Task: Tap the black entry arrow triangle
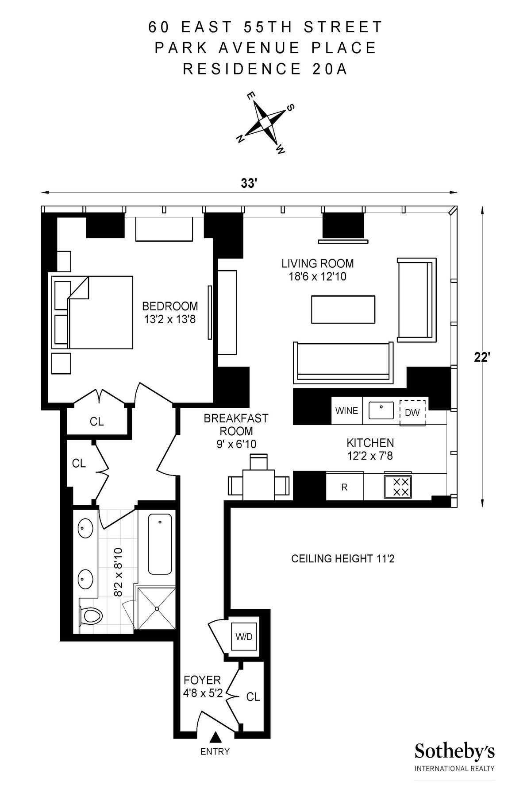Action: pyautogui.click(x=215, y=736)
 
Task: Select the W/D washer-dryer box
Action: pyautogui.click(x=244, y=637)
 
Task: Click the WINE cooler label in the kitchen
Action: pyautogui.click(x=346, y=410)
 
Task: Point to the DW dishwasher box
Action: pyautogui.click(x=412, y=413)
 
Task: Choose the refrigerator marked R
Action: pyautogui.click(x=345, y=487)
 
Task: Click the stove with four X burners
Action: pyautogui.click(x=397, y=487)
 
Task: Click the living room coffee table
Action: pyautogui.click(x=343, y=310)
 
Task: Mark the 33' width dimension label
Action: pyautogui.click(x=249, y=183)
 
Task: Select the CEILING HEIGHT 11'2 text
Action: pyautogui.click(x=342, y=559)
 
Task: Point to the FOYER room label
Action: pyautogui.click(x=202, y=680)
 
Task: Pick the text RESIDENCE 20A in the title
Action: pyautogui.click(x=265, y=69)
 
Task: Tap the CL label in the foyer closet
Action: pyautogui.click(x=253, y=697)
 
